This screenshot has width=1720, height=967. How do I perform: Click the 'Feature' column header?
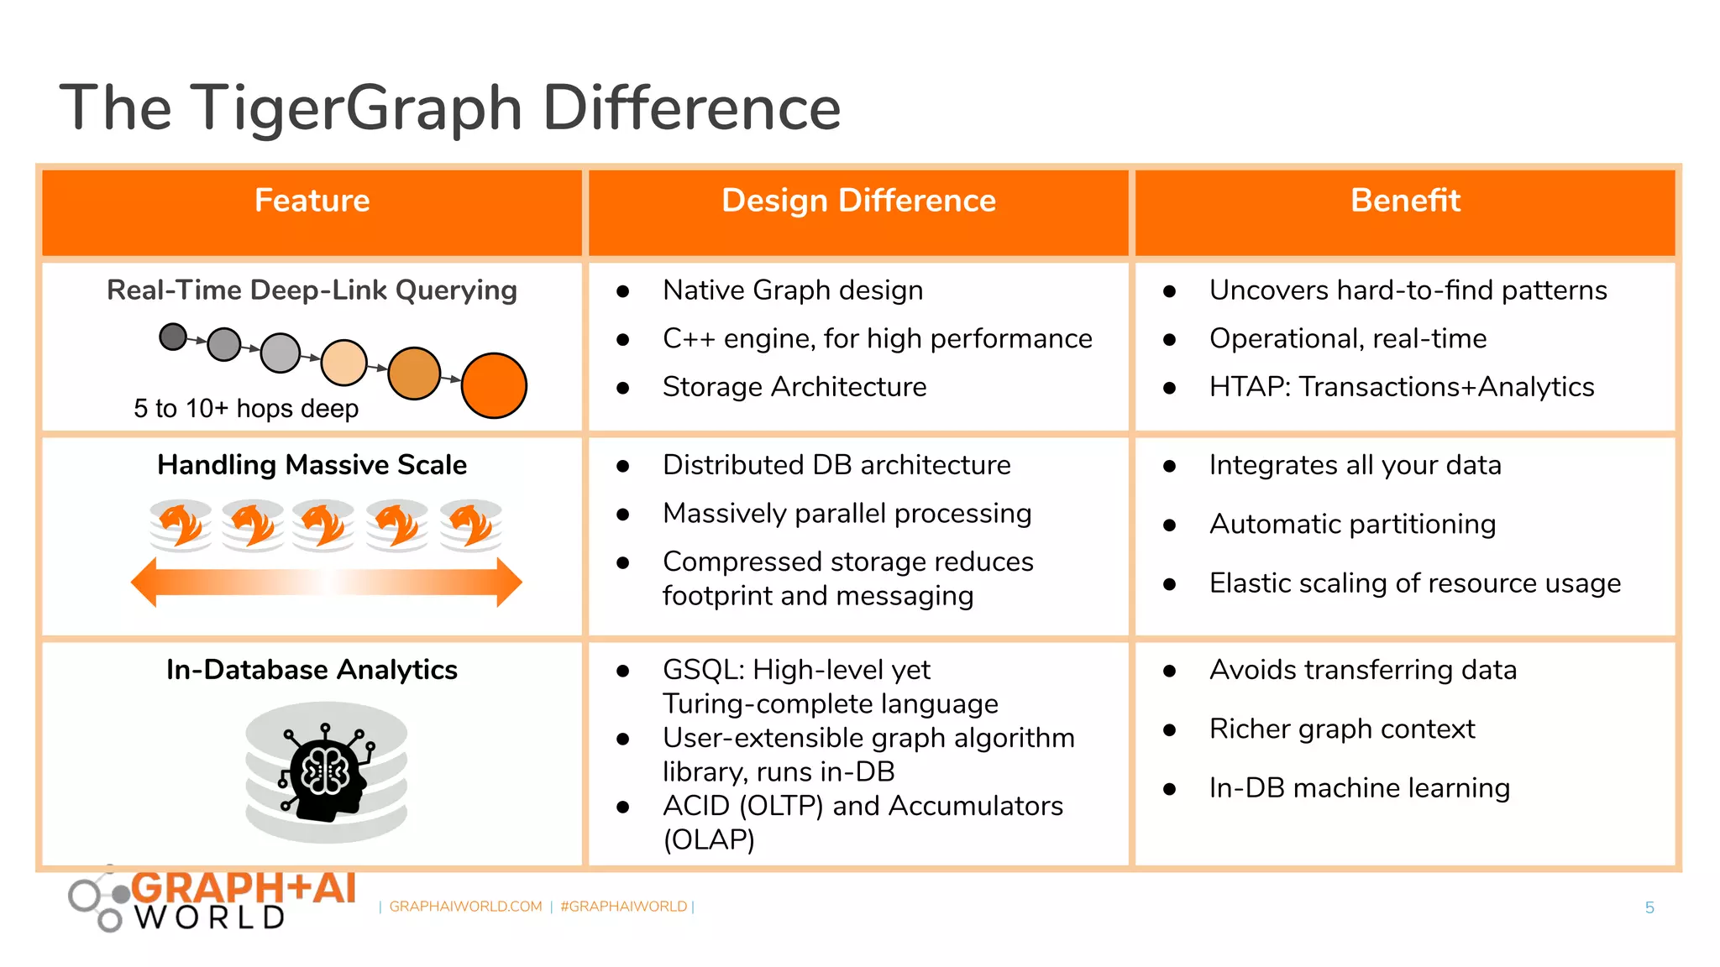[x=312, y=201]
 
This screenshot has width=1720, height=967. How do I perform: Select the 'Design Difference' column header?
[x=858, y=201]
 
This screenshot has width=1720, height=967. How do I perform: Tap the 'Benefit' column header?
[x=1405, y=201]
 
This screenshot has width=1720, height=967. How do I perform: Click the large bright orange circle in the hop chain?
[x=494, y=385]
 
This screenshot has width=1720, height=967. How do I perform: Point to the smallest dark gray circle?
[x=173, y=337]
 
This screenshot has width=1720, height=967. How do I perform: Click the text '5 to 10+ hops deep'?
[x=246, y=409]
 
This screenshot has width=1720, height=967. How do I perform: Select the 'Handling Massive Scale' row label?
[x=312, y=465]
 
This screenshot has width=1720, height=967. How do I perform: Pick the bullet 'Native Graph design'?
[x=792, y=290]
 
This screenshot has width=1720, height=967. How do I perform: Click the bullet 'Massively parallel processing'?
[x=847, y=513]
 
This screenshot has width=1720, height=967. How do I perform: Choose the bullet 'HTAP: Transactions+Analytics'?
[x=1401, y=387]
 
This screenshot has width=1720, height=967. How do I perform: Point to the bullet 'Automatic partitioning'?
[x=1352, y=524]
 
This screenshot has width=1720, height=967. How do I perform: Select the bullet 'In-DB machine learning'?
[x=1359, y=788]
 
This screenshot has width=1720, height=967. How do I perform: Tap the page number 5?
[x=1649, y=907]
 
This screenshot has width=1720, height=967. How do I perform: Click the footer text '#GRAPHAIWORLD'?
[x=623, y=907]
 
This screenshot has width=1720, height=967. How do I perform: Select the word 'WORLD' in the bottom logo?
[x=210, y=917]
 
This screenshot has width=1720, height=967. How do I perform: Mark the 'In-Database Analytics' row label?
[x=312, y=670]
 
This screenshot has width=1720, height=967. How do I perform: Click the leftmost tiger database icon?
[x=181, y=525]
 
